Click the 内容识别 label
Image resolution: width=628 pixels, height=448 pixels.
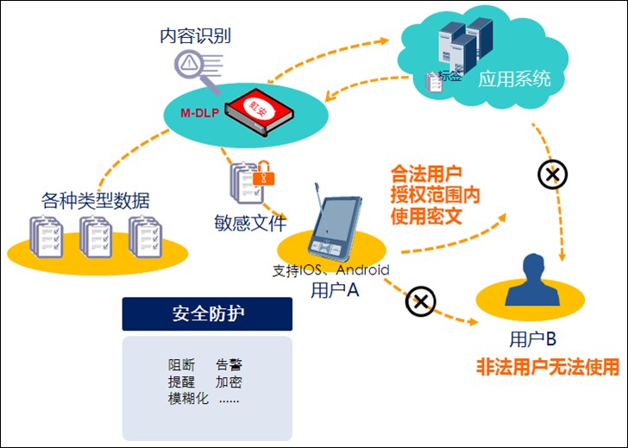pyautogui.click(x=196, y=36)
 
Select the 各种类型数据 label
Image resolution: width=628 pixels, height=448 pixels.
pyautogui.click(x=96, y=201)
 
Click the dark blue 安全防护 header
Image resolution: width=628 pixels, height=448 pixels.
pyautogui.click(x=207, y=314)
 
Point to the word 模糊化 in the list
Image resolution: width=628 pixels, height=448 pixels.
pyautogui.click(x=188, y=399)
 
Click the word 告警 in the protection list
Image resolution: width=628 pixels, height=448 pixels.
pyautogui.click(x=229, y=365)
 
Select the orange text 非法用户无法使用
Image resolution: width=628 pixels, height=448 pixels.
pyautogui.click(x=548, y=367)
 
